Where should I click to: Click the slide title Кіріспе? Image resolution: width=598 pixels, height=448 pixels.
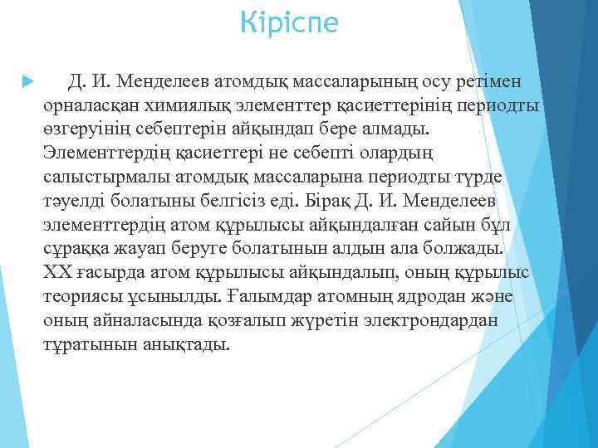(x=288, y=22)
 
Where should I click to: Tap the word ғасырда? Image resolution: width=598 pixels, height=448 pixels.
(x=106, y=273)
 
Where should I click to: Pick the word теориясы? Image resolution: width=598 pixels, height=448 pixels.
(x=81, y=297)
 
